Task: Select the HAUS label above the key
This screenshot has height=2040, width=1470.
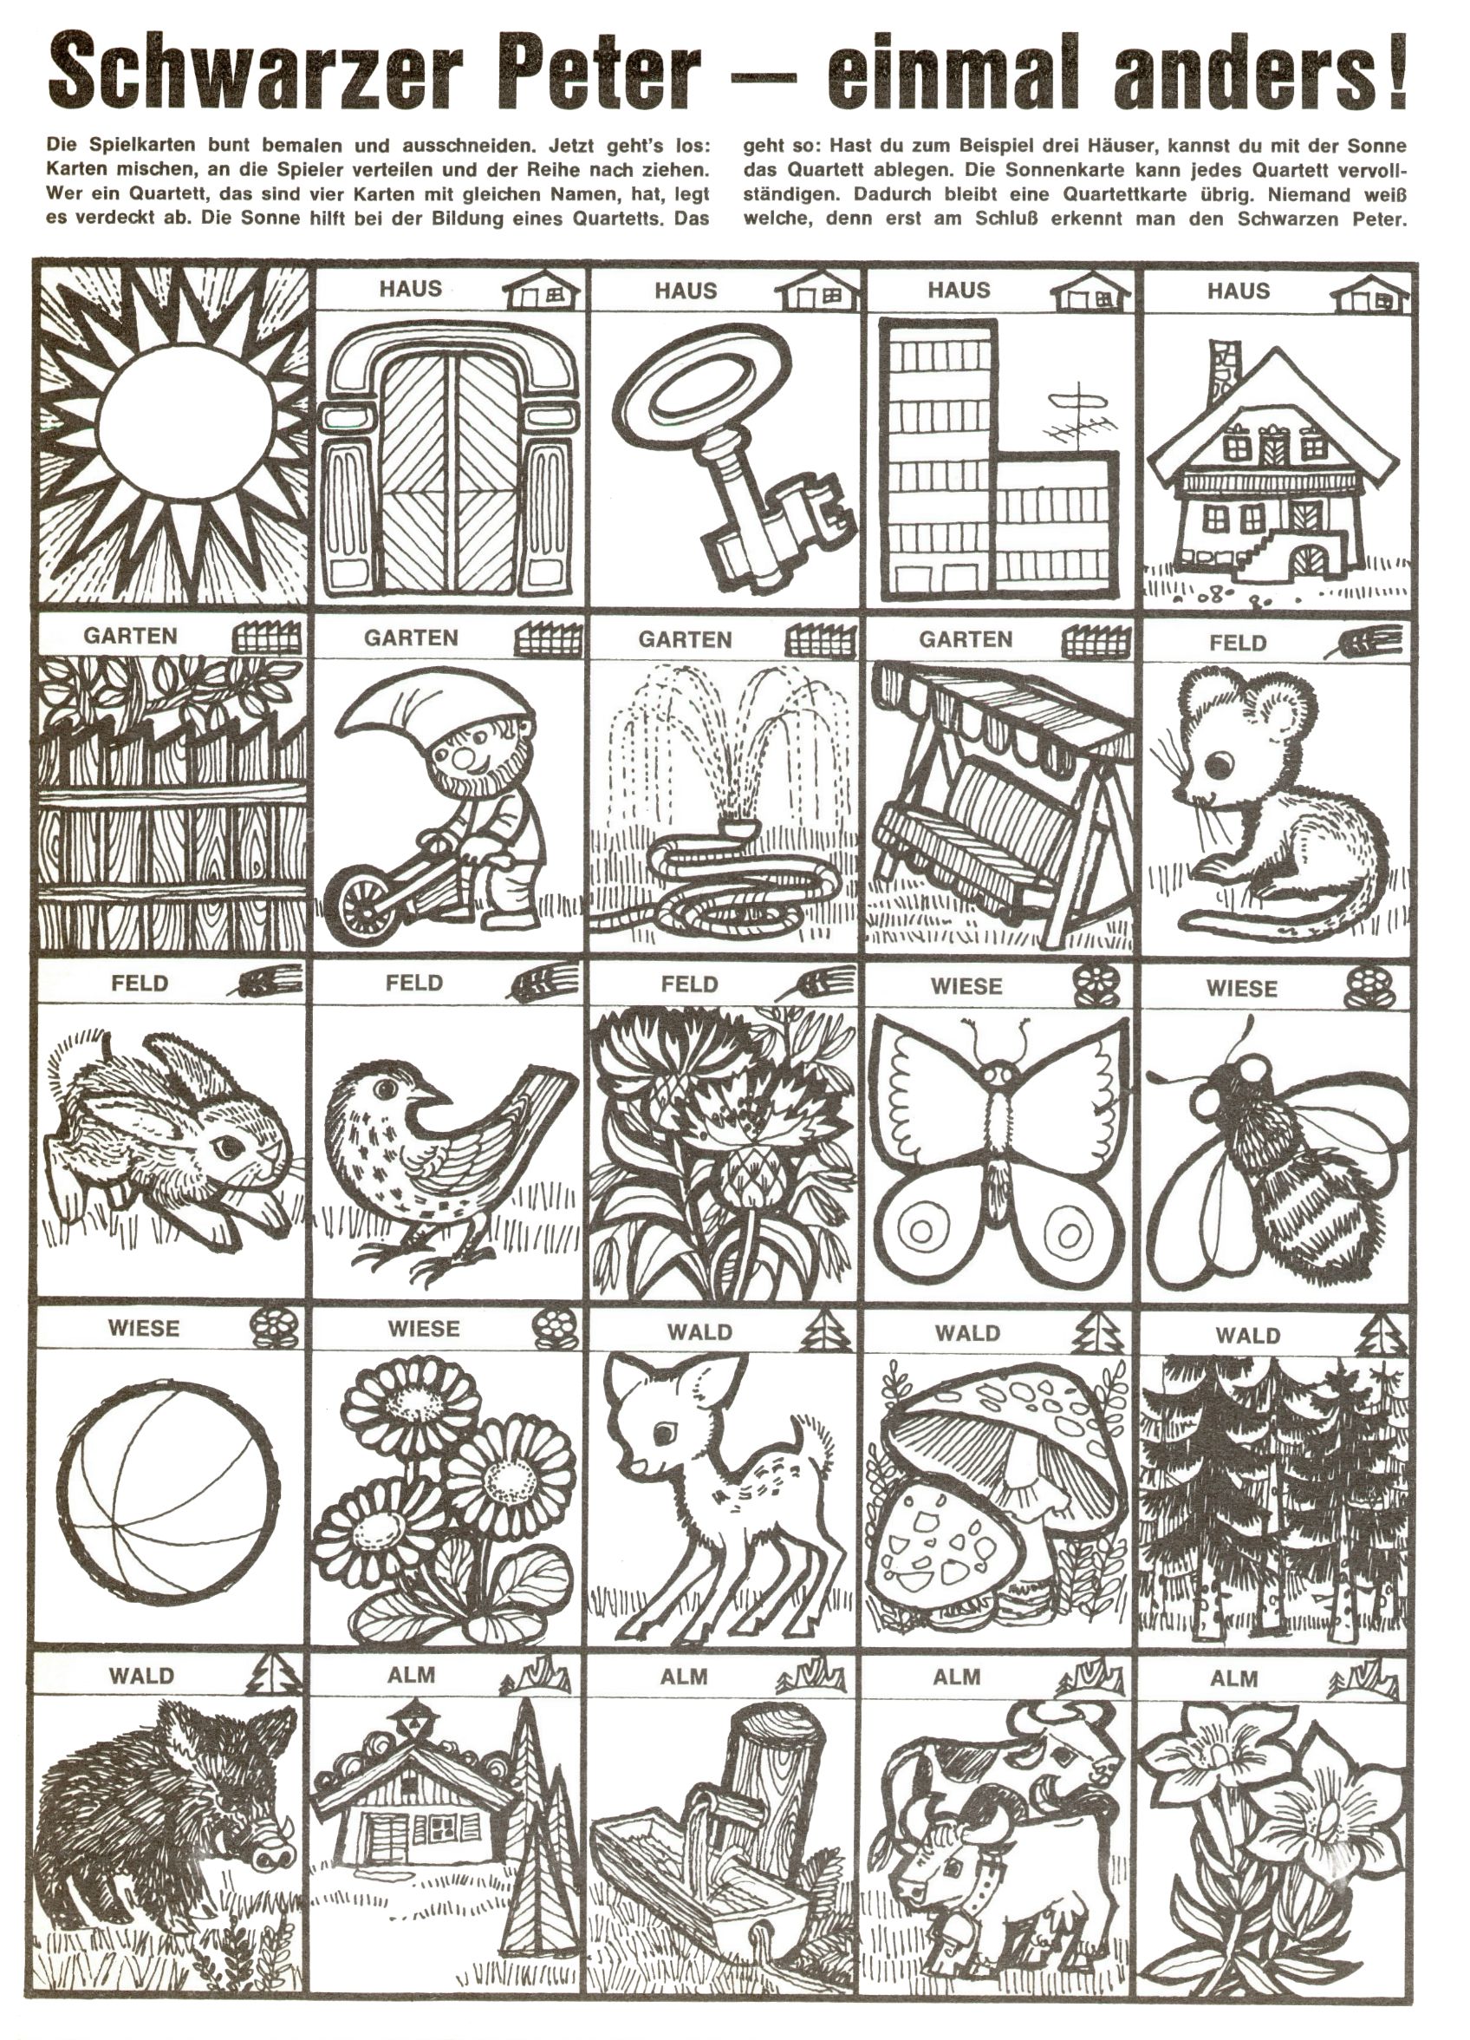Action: (686, 291)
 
